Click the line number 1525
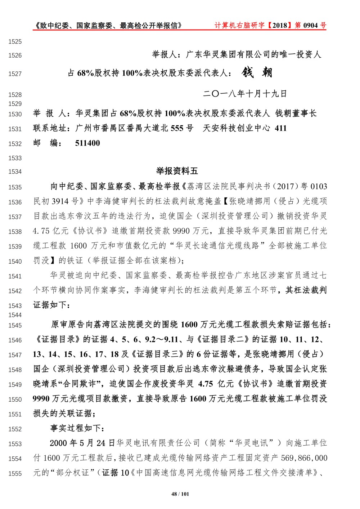pos(15,42)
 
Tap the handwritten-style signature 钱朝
pos(257,72)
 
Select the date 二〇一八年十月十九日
pos(245,94)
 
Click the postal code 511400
pos(87,143)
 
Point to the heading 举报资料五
pos(177,171)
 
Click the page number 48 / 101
pos(180,494)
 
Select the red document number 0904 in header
pos(310,25)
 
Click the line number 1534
pos(15,172)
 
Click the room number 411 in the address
pos(280,128)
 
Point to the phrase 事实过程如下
pos(77,428)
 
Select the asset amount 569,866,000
pos(304,458)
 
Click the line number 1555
pos(15,474)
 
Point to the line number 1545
pos(15,326)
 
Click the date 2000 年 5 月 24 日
pos(82,443)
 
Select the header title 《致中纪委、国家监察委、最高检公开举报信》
pos(107,25)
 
